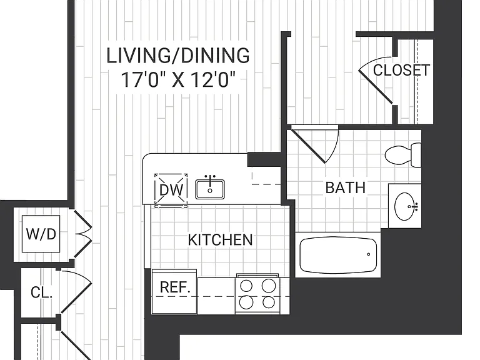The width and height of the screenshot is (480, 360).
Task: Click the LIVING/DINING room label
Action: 178,56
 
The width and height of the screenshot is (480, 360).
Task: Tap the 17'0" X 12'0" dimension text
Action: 179,80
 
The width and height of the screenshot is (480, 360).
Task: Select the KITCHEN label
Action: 220,240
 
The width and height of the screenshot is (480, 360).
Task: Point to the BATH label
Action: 345,187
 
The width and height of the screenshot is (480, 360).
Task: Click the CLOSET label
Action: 401,70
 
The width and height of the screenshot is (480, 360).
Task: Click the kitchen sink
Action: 210,189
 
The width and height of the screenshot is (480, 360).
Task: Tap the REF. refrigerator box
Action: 174,291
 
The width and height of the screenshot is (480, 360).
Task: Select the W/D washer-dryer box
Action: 41,234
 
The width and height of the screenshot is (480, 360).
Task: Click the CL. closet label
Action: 42,292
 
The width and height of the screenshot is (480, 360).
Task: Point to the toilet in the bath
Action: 403,155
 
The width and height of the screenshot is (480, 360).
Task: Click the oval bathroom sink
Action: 405,206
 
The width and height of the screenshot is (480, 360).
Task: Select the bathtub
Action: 338,255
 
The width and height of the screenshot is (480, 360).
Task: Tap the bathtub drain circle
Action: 369,254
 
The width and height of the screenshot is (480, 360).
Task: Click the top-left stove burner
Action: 246,286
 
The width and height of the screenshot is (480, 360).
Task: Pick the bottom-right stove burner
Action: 269,302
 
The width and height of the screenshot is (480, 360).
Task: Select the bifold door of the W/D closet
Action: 82,234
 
